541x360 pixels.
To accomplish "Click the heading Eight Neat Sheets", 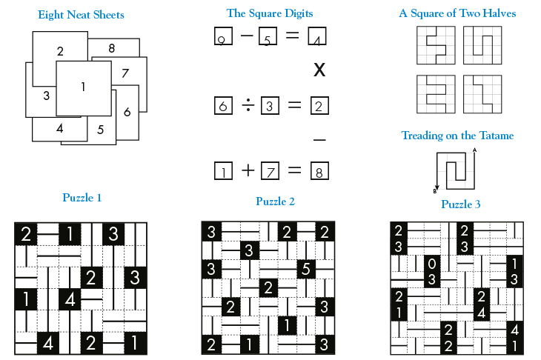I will tap(81, 15).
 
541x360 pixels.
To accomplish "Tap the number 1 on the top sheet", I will tap(83, 87).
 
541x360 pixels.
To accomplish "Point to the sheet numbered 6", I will tap(127, 112).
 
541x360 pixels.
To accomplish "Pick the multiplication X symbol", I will tap(319, 70).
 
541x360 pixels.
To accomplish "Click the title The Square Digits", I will tap(269, 13).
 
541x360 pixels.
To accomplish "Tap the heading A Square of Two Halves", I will tap(457, 13).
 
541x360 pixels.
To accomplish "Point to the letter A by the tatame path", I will tap(475, 150).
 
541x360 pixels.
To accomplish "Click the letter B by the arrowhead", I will tap(435, 190).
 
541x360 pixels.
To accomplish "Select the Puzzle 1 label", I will tap(82, 198).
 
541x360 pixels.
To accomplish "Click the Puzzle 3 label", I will tap(461, 204).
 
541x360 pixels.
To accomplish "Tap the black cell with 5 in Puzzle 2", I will tap(305, 268).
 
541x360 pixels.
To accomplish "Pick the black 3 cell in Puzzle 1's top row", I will tap(113, 234).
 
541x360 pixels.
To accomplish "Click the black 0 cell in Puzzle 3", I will tap(433, 263).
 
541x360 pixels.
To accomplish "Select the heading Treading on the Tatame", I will tap(457, 136).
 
